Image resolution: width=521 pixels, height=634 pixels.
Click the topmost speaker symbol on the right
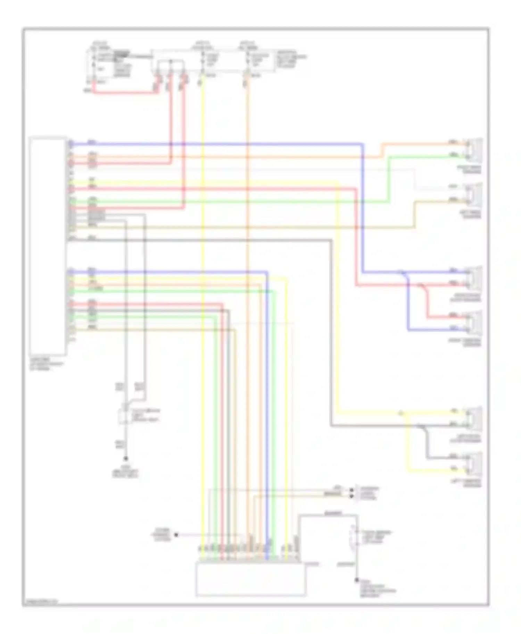474,150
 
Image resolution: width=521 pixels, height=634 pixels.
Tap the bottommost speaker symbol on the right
474,464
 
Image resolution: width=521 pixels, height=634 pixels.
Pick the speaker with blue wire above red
474,277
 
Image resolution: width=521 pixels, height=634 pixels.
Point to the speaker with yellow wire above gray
474,418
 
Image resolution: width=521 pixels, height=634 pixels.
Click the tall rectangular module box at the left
48,246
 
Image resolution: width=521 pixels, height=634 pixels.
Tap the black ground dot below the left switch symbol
126,459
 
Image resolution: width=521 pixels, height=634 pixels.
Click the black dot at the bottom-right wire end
357,580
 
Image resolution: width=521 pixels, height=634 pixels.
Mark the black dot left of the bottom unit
176,535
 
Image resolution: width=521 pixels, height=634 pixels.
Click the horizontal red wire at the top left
125,93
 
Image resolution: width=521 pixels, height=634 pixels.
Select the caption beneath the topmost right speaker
470,170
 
